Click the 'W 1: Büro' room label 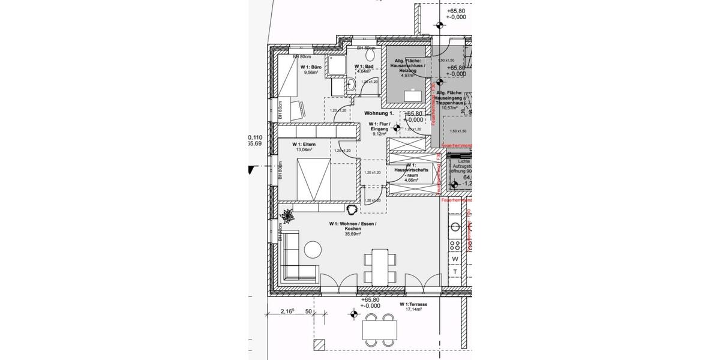(x=311, y=67)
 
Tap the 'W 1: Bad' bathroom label (x=364, y=66)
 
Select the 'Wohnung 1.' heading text (x=379, y=113)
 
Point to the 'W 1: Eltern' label (x=304, y=145)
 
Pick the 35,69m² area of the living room (x=352, y=235)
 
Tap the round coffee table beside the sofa (x=312, y=248)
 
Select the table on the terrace (x=379, y=329)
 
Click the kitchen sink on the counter (x=455, y=227)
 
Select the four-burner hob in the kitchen (x=455, y=245)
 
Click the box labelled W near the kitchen (x=455, y=259)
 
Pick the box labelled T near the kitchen (x=455, y=272)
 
